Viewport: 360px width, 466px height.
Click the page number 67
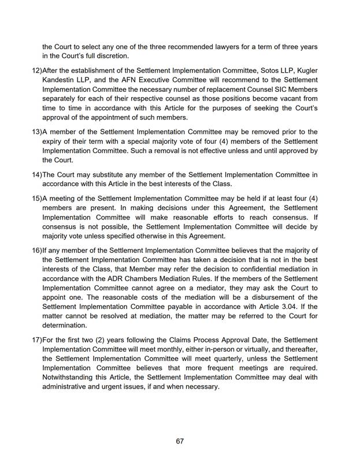click(180, 441)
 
